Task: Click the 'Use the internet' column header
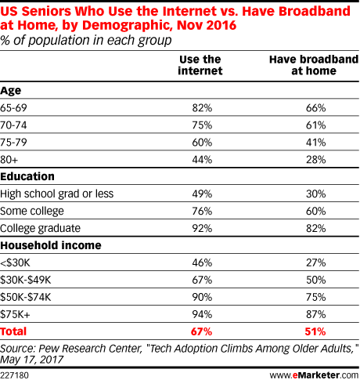pyautogui.click(x=200, y=65)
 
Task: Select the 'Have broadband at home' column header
pyautogui.click(x=314, y=65)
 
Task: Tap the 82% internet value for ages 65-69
pyautogui.click(x=202, y=108)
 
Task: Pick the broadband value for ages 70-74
pyautogui.click(x=316, y=125)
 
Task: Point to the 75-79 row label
pyautogui.click(x=13, y=143)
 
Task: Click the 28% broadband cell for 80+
pyautogui.click(x=316, y=160)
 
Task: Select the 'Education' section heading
pyautogui.click(x=27, y=176)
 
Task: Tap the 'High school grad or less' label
pyautogui.click(x=57, y=194)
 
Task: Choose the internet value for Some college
pyautogui.click(x=202, y=211)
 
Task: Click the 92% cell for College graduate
pyautogui.click(x=202, y=228)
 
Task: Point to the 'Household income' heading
pyautogui.click(x=51, y=245)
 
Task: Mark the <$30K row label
pyautogui.click(x=15, y=262)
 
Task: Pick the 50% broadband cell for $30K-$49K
pyautogui.click(x=316, y=280)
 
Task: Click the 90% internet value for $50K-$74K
pyautogui.click(x=202, y=297)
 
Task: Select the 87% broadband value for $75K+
pyautogui.click(x=316, y=314)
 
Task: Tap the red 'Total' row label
pyautogui.click(x=13, y=331)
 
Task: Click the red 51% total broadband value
pyautogui.click(x=315, y=331)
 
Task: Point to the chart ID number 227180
pyautogui.click(x=14, y=375)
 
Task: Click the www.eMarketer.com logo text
pyautogui.click(x=314, y=375)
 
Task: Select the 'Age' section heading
pyautogui.click(x=11, y=91)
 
